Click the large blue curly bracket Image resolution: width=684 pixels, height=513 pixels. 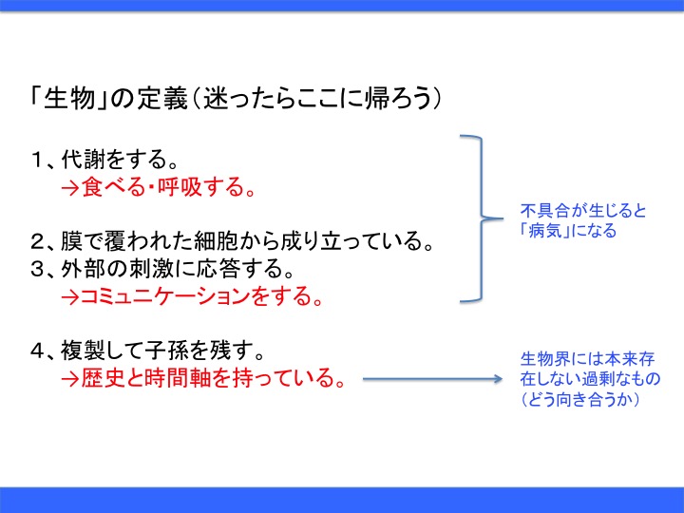click(480, 219)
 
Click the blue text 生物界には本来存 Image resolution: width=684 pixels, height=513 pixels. click(587, 360)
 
